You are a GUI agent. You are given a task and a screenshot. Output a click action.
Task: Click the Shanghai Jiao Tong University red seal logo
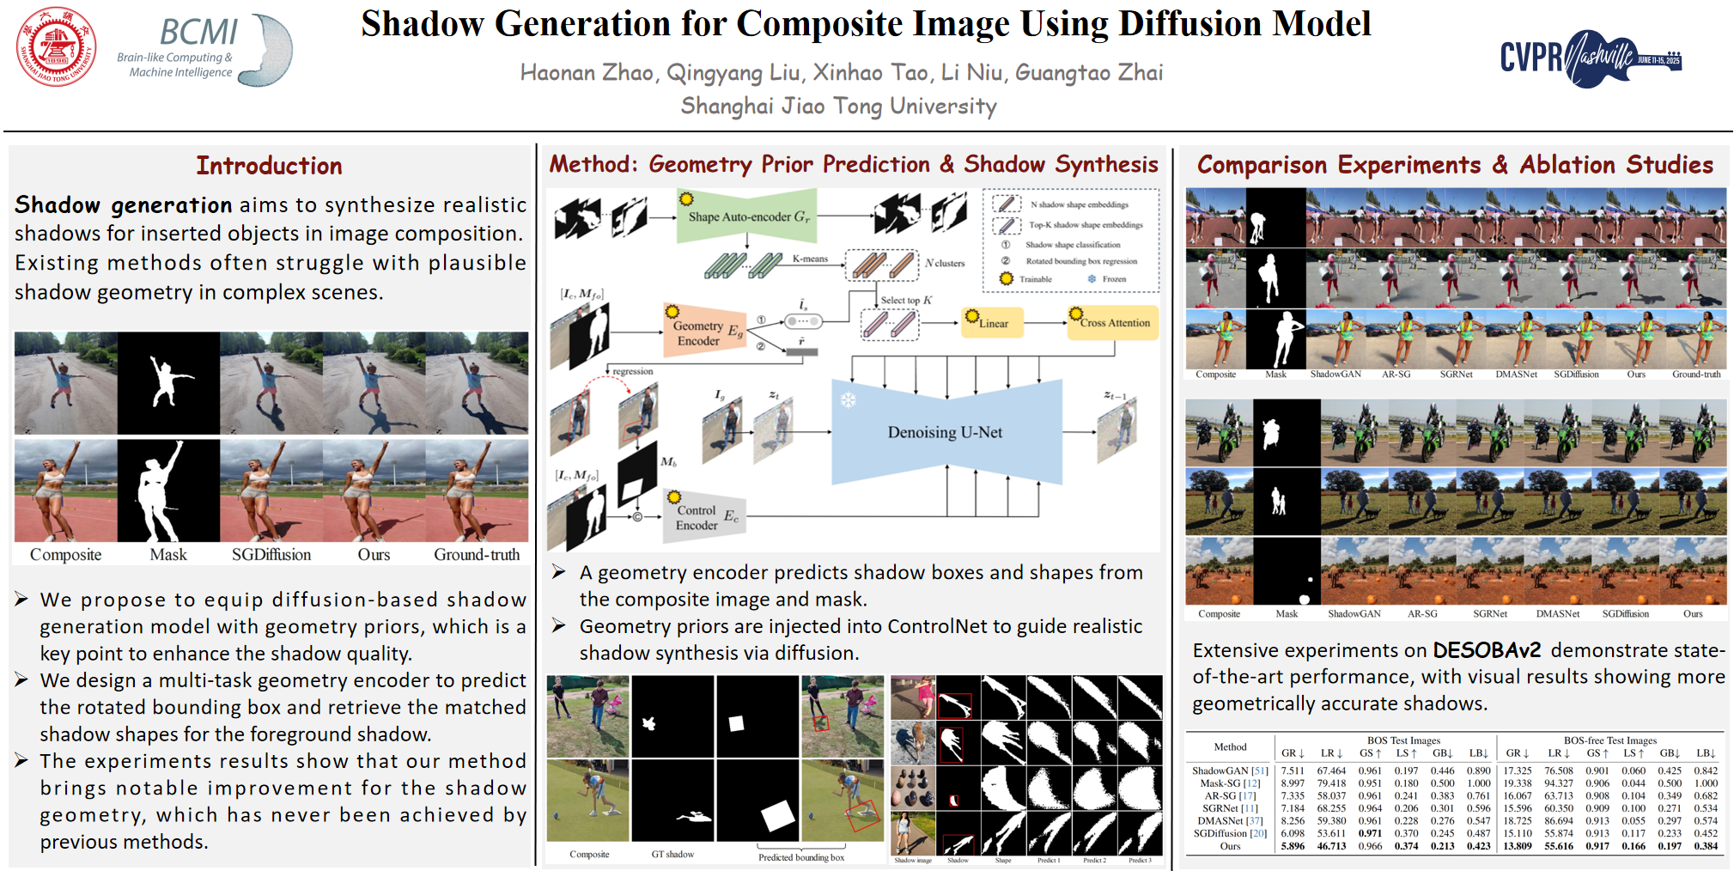pos(57,47)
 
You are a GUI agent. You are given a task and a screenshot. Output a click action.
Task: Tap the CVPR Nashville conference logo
pos(1590,58)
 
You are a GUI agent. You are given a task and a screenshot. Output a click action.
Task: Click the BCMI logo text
pos(198,33)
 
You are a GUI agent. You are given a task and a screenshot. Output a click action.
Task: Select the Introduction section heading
pos(269,166)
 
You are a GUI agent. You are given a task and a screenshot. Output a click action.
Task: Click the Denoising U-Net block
pos(945,432)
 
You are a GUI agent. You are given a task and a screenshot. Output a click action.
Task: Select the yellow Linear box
pos(993,323)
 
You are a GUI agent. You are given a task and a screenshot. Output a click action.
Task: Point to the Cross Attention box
pos(1114,323)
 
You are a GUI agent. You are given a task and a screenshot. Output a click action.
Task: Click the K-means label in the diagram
pos(810,259)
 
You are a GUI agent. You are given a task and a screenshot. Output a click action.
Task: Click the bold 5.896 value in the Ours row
pos(1292,846)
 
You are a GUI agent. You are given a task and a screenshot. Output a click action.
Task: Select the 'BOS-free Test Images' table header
pos(1609,740)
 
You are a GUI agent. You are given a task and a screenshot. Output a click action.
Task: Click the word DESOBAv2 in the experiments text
pos(1486,650)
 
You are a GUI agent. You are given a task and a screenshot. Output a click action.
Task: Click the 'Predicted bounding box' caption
pos(800,857)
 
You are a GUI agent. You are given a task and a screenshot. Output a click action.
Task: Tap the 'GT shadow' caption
pos(672,855)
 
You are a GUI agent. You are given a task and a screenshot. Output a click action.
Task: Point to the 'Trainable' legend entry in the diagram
pos(1035,279)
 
